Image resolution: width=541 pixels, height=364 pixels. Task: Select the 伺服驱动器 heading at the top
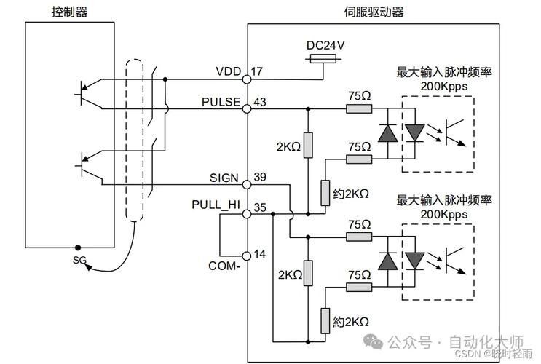click(374, 12)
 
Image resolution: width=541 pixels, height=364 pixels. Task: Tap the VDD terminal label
click(228, 71)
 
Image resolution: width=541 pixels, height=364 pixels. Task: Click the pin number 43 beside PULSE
click(261, 101)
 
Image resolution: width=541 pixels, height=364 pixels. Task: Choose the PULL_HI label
click(216, 205)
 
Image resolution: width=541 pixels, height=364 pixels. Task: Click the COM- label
click(225, 266)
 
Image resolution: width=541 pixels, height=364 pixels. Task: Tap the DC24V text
click(325, 45)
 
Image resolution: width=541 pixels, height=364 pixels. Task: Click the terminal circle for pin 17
click(248, 74)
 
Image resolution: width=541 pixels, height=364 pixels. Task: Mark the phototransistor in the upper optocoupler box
click(457, 132)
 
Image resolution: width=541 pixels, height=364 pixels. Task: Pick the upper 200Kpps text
click(444, 86)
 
